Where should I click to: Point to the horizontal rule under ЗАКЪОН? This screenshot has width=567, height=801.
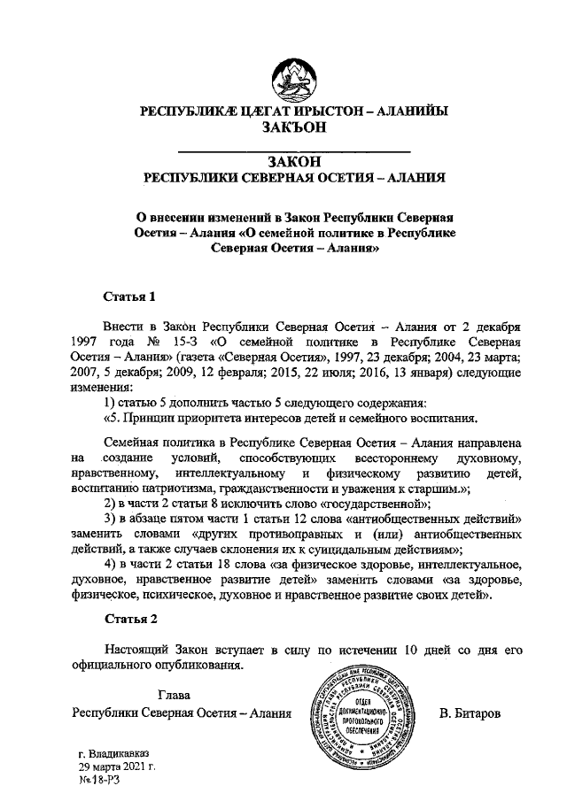(x=294, y=148)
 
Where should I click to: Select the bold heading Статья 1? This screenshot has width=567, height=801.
(x=130, y=296)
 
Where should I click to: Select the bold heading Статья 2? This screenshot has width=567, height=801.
(x=130, y=618)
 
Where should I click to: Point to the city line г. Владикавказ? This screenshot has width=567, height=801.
(x=115, y=753)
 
